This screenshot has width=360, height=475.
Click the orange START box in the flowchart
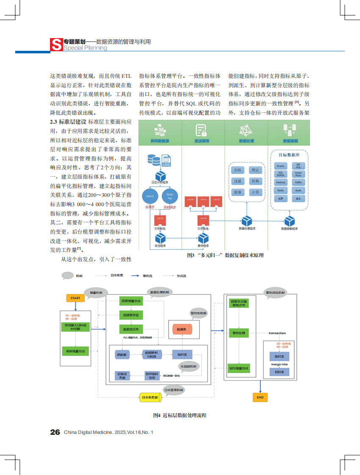(x=75, y=298)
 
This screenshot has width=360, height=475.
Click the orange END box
(x=260, y=397)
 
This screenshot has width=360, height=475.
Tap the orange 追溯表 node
(x=182, y=329)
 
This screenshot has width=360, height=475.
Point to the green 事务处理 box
(x=239, y=333)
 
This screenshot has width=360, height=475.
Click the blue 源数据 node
(x=122, y=354)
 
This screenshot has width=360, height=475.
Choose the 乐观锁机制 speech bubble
(x=188, y=366)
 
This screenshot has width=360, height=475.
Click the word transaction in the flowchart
(x=277, y=333)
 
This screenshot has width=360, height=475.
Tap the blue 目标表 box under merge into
(x=279, y=372)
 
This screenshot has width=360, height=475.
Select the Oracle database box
(x=280, y=166)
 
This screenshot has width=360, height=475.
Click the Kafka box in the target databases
(x=299, y=182)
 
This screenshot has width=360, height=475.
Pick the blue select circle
(x=150, y=196)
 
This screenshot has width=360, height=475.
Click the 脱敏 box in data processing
(x=238, y=192)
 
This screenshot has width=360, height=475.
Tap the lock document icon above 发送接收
(x=201, y=130)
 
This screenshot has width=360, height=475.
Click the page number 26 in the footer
(x=55, y=432)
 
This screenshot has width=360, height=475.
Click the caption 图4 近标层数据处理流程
(x=180, y=415)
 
